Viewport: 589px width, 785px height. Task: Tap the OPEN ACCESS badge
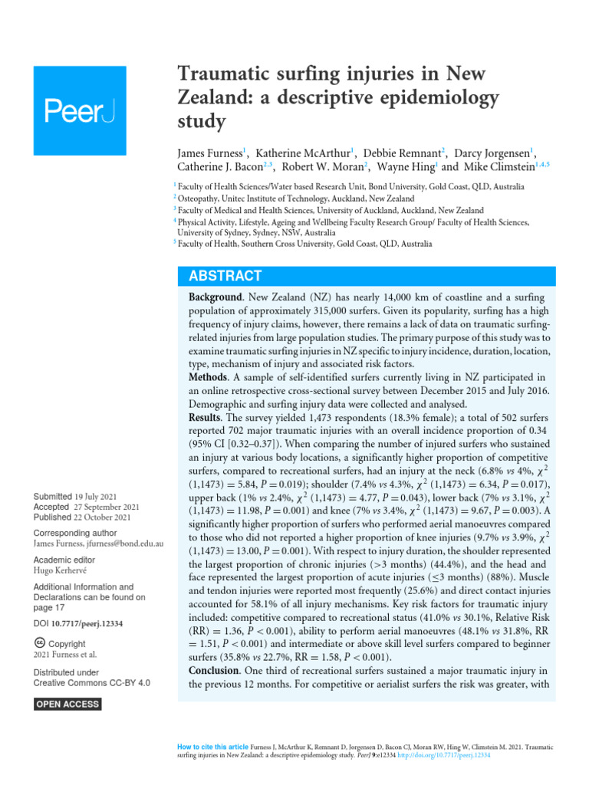(67, 704)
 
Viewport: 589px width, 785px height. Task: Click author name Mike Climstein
(499, 168)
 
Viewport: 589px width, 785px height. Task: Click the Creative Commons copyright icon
(39, 644)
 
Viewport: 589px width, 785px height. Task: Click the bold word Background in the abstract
(218, 296)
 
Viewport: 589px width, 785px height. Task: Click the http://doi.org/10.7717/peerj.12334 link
(447, 754)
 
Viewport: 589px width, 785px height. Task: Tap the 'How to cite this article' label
(212, 746)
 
